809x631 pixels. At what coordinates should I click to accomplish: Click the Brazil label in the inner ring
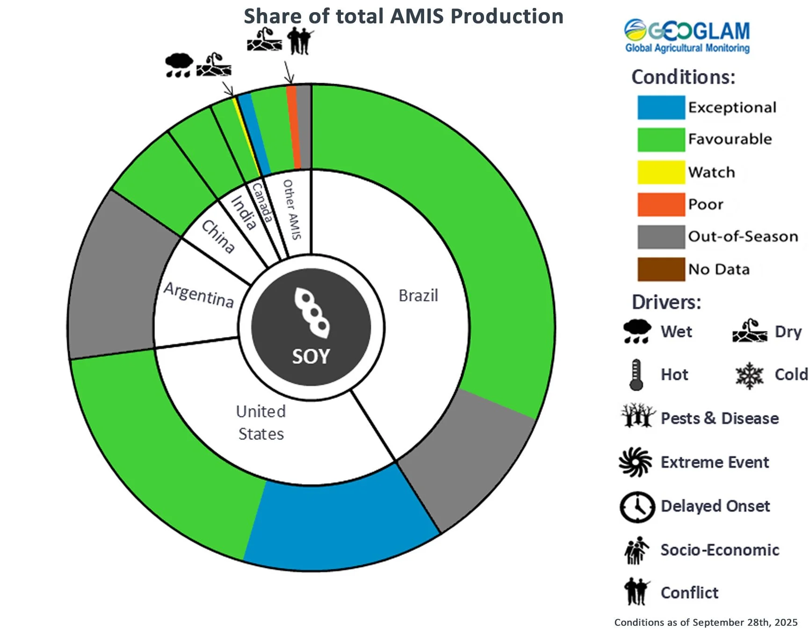[x=418, y=296]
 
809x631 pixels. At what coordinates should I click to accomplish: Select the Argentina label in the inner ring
[x=199, y=295]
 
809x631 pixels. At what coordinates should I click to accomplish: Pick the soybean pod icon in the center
[x=312, y=312]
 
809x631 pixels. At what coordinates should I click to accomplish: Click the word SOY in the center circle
[x=311, y=357]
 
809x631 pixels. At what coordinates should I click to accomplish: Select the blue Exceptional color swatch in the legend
[x=661, y=108]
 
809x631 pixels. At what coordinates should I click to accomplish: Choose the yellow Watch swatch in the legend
[x=661, y=172]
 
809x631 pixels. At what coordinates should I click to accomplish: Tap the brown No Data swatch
[x=661, y=269]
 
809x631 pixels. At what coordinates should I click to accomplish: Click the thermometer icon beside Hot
[x=636, y=374]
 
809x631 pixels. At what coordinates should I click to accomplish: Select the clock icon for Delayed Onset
[x=637, y=507]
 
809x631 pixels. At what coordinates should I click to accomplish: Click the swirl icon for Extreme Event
[x=635, y=462]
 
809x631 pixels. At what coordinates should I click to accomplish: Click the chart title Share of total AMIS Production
[x=403, y=16]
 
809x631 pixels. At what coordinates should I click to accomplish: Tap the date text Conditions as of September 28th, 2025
[x=706, y=623]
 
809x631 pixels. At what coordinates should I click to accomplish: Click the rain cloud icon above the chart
[x=179, y=65]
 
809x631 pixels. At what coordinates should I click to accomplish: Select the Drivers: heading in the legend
[x=666, y=302]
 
